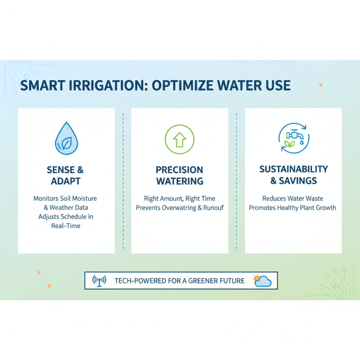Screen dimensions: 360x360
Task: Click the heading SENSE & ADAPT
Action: (x=66, y=175)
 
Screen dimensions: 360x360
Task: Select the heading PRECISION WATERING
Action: (x=180, y=175)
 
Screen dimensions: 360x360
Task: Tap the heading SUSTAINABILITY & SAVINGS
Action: (x=293, y=175)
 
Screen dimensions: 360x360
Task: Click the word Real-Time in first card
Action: (x=66, y=226)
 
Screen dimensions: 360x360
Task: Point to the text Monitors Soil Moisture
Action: (x=65, y=198)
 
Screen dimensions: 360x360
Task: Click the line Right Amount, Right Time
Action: (x=180, y=198)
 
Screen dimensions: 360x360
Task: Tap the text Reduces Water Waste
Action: (x=293, y=198)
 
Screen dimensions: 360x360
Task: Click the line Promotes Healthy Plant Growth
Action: (x=293, y=208)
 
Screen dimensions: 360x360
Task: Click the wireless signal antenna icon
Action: (x=99, y=280)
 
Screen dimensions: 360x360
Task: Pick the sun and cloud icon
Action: (x=262, y=280)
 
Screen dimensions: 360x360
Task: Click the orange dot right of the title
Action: (x=320, y=85)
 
